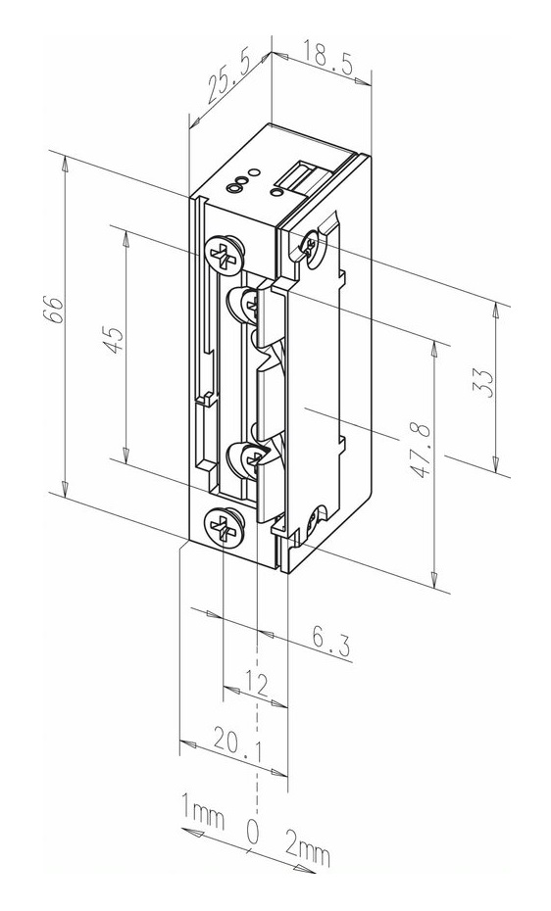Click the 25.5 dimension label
tap(228, 80)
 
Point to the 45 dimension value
tap(113, 339)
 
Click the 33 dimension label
tap(486, 383)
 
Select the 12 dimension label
tap(255, 685)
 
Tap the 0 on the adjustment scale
tap(252, 832)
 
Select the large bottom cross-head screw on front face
tap(224, 526)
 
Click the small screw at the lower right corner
tap(317, 519)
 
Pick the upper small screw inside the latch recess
tap(249, 304)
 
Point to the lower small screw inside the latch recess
tap(251, 460)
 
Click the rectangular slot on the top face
tap(301, 176)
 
